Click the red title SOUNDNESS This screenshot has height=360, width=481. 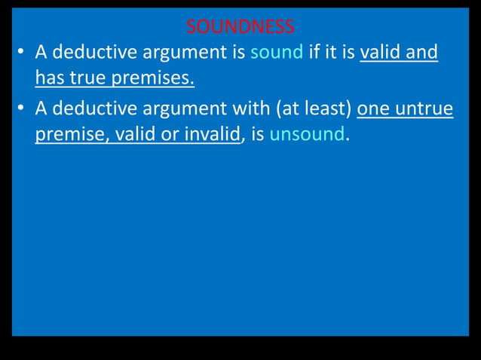[x=240, y=28]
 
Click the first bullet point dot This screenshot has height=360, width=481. [x=22, y=53]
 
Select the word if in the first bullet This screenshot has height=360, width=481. [x=315, y=53]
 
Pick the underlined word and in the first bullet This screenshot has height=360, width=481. [x=423, y=53]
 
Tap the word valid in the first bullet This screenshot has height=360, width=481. [x=382, y=53]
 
